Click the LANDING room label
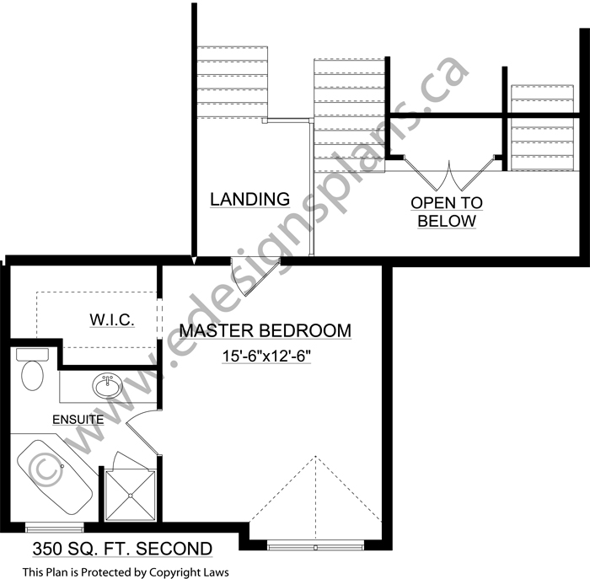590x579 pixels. pos(249,199)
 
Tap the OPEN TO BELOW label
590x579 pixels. pos(447,212)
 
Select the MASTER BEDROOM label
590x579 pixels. pos(265,330)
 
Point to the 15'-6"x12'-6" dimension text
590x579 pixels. pos(266,356)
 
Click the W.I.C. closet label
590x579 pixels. pos(112,319)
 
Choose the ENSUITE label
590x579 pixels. pos(78,420)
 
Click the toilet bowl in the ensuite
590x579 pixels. pos(32,376)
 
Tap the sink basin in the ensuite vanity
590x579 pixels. pos(107,385)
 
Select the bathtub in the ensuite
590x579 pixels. pos(55,477)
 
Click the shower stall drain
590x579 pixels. pos(130,496)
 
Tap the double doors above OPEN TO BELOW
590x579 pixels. pos(448,173)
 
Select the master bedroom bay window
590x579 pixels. pos(315,545)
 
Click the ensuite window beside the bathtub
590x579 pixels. pos(55,528)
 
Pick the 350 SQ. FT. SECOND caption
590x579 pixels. pos(122,549)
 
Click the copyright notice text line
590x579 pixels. pos(126,572)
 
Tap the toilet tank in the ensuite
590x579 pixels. pos(32,354)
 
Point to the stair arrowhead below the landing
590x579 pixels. pos(194,260)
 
